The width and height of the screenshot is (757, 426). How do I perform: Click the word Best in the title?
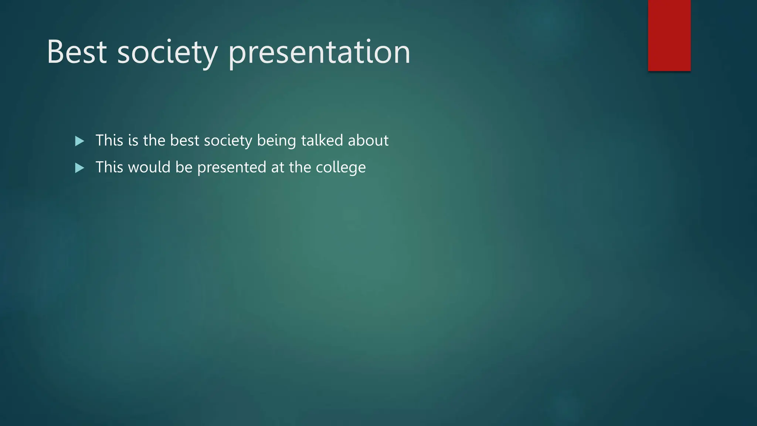click(77, 52)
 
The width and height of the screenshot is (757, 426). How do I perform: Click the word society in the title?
click(167, 52)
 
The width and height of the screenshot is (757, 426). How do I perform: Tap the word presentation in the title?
click(319, 52)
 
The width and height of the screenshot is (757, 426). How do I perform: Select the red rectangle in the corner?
click(669, 35)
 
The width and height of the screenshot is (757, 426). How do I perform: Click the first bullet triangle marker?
click(79, 141)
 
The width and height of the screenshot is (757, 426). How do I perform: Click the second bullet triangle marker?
click(79, 168)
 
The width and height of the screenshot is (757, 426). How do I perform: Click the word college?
click(340, 168)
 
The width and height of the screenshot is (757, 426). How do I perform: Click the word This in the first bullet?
click(109, 141)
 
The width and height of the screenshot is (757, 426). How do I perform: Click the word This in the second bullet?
click(109, 168)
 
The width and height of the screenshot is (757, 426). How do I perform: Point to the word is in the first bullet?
click(133, 141)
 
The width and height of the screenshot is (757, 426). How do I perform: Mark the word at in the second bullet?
click(278, 168)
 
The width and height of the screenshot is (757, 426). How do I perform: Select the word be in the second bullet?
click(184, 168)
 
